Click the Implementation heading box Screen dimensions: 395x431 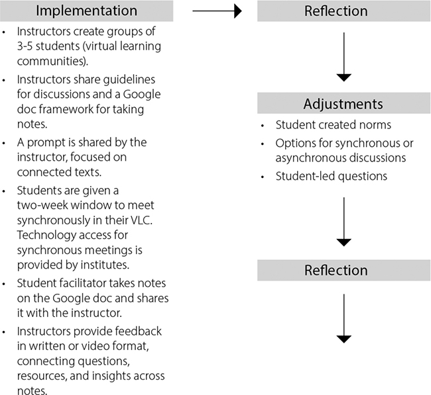point(87,11)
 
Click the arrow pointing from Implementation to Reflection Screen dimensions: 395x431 point(215,11)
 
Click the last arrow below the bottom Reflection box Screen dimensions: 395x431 point(343,318)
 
